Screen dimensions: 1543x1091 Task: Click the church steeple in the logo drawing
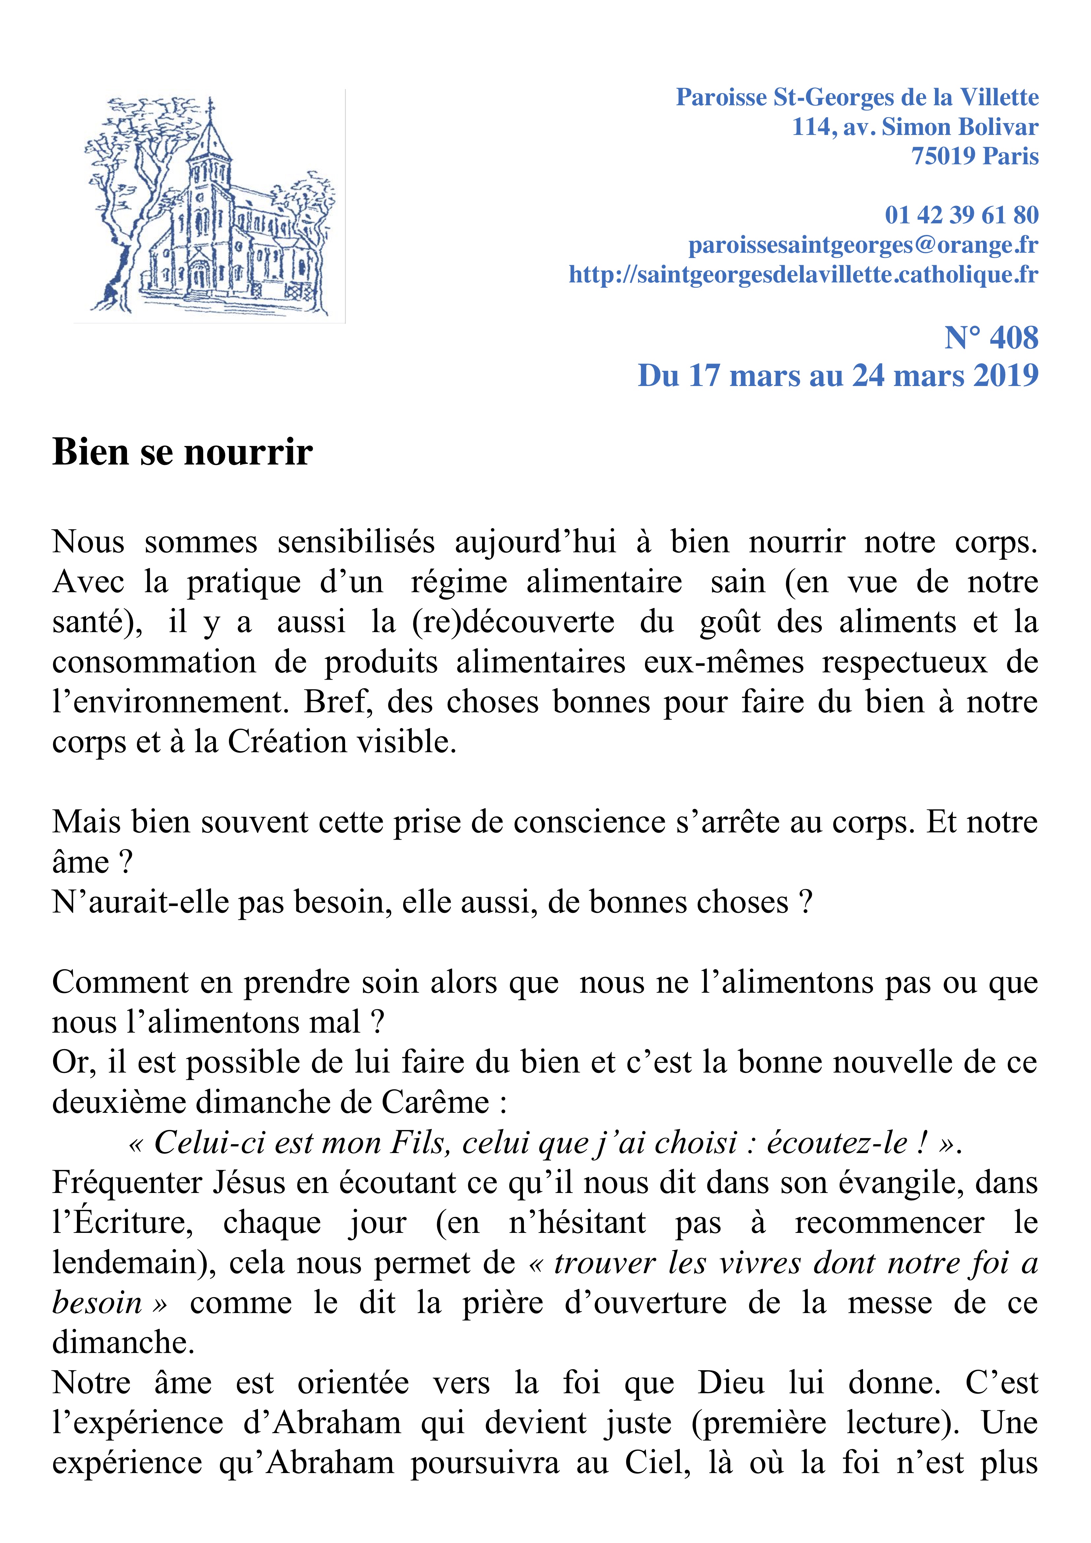click(210, 134)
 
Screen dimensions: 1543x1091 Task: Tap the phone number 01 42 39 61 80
click(961, 215)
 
